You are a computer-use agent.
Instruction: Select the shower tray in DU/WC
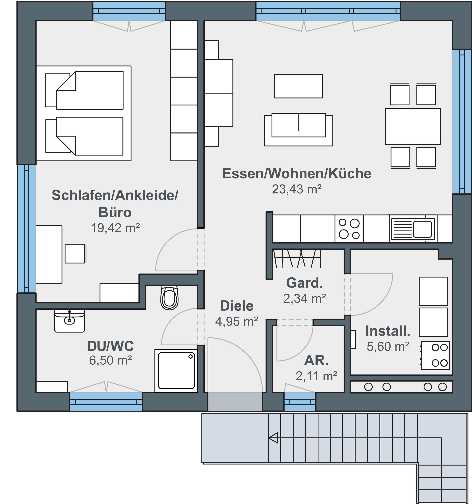[x=176, y=370]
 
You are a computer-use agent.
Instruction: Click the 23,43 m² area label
[x=297, y=189]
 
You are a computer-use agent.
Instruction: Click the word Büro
[x=115, y=212]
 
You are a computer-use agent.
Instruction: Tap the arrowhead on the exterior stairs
[x=273, y=438]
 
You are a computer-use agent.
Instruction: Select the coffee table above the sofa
[x=299, y=86]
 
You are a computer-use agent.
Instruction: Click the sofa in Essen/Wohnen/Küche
[x=299, y=129]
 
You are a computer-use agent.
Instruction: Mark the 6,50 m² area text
[x=110, y=360]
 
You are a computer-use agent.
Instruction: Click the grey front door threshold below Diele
[x=235, y=402]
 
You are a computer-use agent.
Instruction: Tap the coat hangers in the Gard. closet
[x=298, y=258]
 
